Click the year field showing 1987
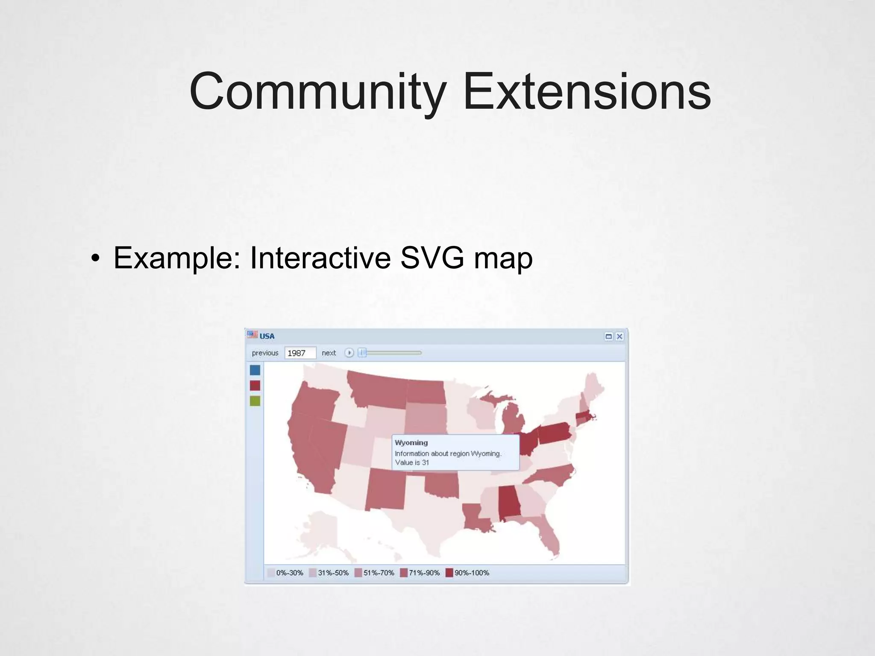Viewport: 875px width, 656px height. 300,353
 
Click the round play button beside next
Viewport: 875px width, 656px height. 349,353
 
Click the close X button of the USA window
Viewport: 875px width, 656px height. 620,337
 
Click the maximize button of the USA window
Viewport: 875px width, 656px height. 609,337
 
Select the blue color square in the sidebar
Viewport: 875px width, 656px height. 255,370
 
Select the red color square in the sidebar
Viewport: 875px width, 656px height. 255,386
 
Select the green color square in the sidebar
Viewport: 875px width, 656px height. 255,401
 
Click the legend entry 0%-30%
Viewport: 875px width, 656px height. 285,573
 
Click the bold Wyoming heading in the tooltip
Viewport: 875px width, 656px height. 411,442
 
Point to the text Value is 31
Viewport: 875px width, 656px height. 412,463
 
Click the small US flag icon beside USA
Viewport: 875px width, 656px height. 253,335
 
